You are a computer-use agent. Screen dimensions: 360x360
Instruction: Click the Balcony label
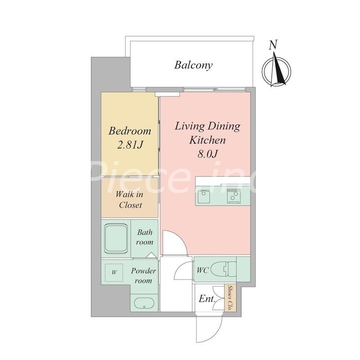(193, 65)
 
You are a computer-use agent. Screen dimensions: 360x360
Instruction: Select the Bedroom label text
(130, 131)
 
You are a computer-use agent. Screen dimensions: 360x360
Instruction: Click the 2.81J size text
(130, 144)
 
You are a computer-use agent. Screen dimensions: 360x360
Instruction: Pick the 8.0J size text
(207, 154)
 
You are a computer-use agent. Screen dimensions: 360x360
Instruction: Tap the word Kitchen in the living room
(207, 140)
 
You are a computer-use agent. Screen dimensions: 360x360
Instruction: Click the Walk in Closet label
(130, 200)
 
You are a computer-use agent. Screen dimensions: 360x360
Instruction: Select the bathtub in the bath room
(116, 238)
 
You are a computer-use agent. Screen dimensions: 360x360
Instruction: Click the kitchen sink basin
(204, 196)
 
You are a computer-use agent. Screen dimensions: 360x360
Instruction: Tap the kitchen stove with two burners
(234, 196)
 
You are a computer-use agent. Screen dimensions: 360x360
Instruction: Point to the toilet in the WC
(223, 269)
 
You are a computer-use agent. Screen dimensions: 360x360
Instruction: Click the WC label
(202, 270)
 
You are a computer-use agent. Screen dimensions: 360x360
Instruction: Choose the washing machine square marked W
(114, 273)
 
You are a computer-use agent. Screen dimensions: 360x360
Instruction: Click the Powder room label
(144, 275)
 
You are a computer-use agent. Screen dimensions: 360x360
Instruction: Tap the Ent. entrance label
(207, 299)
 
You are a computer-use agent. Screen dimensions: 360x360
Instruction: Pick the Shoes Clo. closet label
(229, 298)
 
